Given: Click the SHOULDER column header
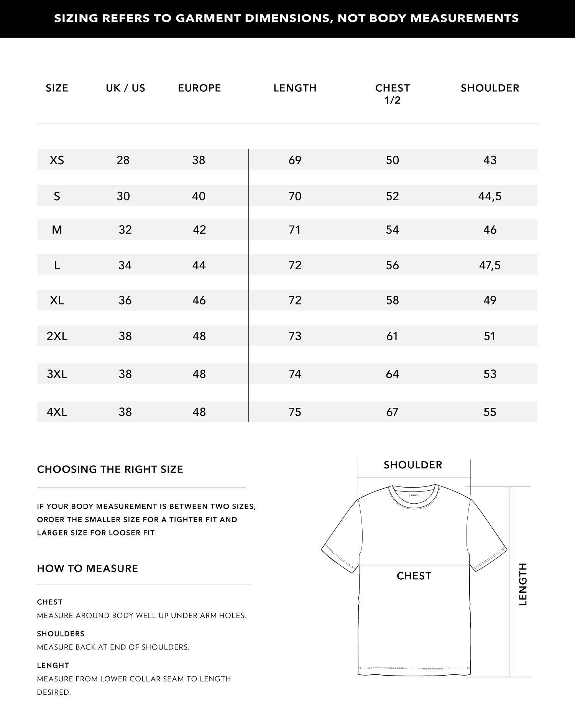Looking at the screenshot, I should (490, 88).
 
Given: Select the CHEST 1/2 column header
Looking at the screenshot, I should (393, 94).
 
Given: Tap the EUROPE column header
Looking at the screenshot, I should (199, 88).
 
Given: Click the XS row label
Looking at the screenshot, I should (57, 160).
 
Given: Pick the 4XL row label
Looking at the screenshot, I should (57, 412).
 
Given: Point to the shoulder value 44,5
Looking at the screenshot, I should (490, 196).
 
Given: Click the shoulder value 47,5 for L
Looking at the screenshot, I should (490, 265).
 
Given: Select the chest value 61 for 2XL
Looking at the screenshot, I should (392, 336).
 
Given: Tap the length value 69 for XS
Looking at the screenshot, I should (295, 160).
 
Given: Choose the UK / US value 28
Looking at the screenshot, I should (123, 160).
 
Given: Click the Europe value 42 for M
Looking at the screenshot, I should (199, 230).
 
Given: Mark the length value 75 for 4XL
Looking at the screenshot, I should (295, 412).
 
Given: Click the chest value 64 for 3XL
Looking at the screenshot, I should (392, 374).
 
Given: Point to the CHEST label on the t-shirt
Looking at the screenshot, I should (414, 576).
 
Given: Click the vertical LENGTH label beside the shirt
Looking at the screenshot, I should (523, 584).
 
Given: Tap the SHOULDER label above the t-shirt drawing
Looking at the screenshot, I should (413, 465).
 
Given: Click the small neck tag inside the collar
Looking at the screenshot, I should (414, 495).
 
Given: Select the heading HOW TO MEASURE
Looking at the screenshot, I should (87, 569).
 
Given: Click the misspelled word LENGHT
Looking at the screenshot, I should (53, 666).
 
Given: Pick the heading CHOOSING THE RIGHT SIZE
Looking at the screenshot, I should (110, 470).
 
